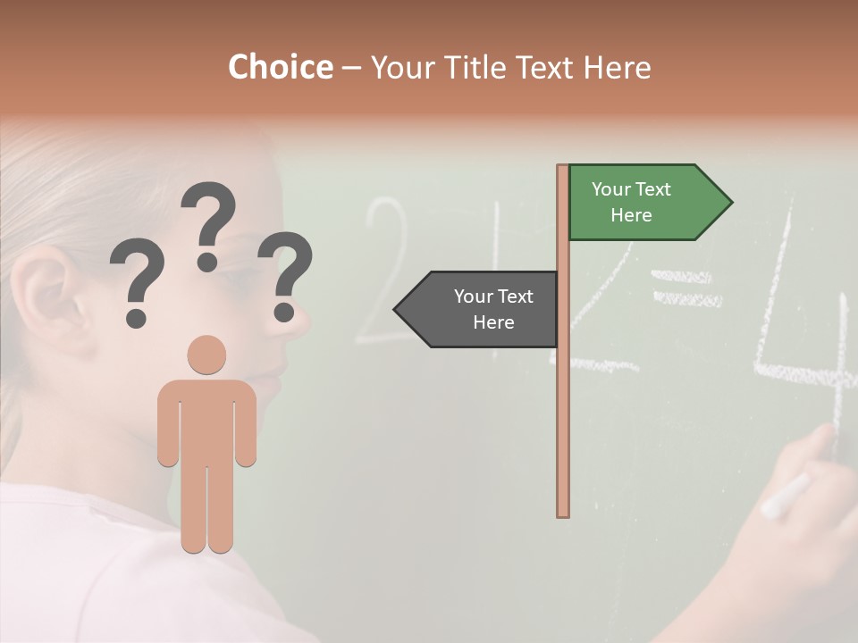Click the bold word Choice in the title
[x=280, y=68]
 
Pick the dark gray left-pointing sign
[x=478, y=309]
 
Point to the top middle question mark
[x=208, y=223]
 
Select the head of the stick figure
[x=206, y=355]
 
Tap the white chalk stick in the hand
[x=785, y=496]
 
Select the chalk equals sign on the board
[x=686, y=288]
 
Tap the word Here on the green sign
[x=631, y=215]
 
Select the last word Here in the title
[x=617, y=68]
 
